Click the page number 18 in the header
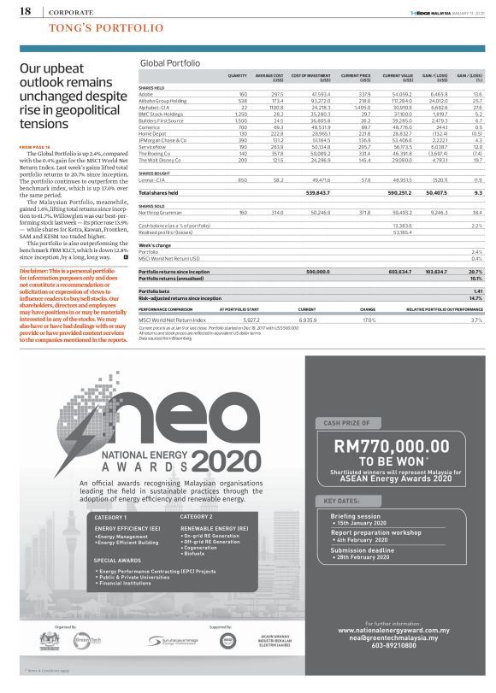(25, 12)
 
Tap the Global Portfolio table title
(169, 64)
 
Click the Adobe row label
(145, 93)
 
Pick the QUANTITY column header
(238, 77)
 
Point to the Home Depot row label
(152, 133)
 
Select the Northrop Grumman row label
(160, 212)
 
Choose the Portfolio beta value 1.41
(478, 291)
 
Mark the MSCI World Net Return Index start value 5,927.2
(244, 320)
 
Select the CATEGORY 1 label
(110, 518)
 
